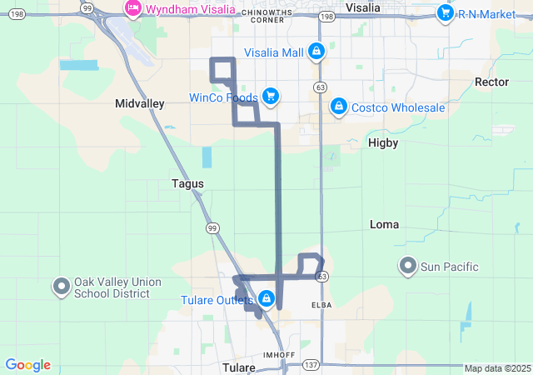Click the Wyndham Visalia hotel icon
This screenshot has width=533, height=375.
(x=132, y=9)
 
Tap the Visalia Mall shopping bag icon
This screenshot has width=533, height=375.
(x=316, y=52)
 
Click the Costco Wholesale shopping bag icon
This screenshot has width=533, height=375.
(x=338, y=107)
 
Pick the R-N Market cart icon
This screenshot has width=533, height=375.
(x=445, y=13)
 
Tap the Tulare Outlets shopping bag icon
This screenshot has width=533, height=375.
(x=266, y=298)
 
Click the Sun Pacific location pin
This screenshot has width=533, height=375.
(x=407, y=267)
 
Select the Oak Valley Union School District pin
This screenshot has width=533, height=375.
(x=62, y=287)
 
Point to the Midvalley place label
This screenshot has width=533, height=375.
(x=139, y=103)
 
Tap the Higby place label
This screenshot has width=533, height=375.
(x=383, y=142)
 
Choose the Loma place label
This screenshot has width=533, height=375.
(x=384, y=224)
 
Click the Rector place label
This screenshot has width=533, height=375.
(x=491, y=82)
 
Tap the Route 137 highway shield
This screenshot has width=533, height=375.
(x=311, y=365)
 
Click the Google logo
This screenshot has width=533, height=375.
(x=27, y=365)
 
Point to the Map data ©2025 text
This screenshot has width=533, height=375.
(x=497, y=368)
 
